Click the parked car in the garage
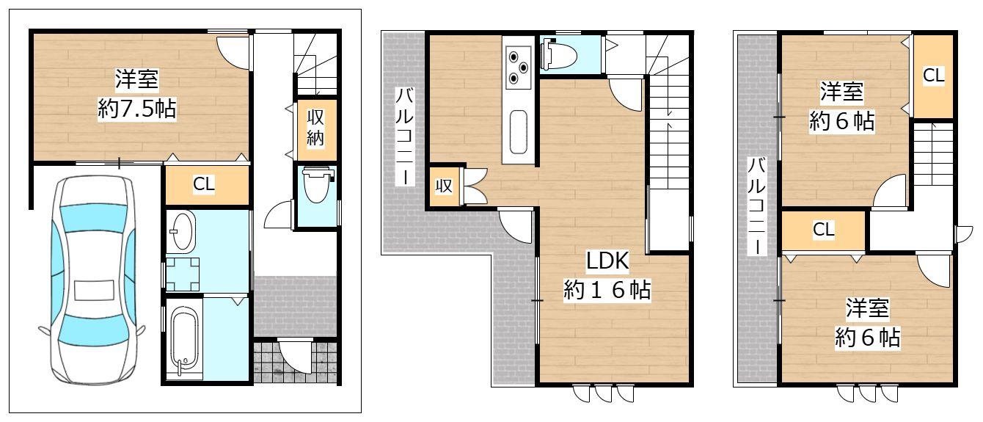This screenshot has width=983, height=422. click(92, 281)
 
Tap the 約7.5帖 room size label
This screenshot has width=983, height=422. click(137, 109)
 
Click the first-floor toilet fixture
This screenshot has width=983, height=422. click(317, 185)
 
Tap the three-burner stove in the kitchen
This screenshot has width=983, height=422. click(519, 66)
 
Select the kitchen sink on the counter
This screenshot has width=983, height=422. click(518, 132)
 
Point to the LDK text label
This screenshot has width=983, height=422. click(608, 261)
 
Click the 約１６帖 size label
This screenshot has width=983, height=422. click(607, 290)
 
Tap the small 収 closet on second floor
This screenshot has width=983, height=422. click(444, 186)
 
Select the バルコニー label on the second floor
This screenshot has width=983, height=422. click(404, 136)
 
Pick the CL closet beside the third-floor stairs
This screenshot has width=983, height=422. click(933, 76)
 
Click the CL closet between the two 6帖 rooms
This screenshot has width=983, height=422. click(823, 230)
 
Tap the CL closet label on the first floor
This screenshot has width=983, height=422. click(204, 184)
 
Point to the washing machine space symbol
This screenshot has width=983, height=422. click(183, 274)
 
